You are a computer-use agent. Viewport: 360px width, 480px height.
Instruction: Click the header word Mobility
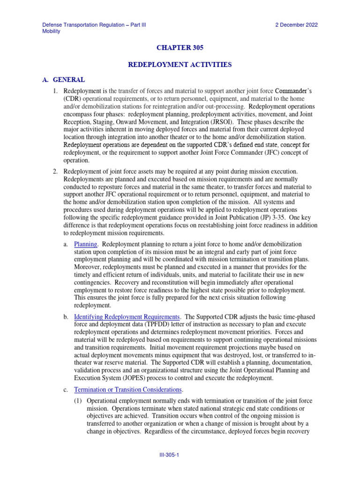click(51, 31)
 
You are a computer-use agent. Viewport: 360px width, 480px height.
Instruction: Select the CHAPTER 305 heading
click(180, 48)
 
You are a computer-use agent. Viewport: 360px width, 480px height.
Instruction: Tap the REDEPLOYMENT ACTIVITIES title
click(180, 64)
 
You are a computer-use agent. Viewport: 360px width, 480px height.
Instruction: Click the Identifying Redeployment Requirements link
click(127, 317)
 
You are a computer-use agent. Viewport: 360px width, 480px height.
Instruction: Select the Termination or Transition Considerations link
click(128, 390)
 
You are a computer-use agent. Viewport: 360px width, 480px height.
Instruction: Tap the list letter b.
click(66, 317)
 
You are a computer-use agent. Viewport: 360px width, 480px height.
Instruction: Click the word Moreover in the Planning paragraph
click(88, 267)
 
